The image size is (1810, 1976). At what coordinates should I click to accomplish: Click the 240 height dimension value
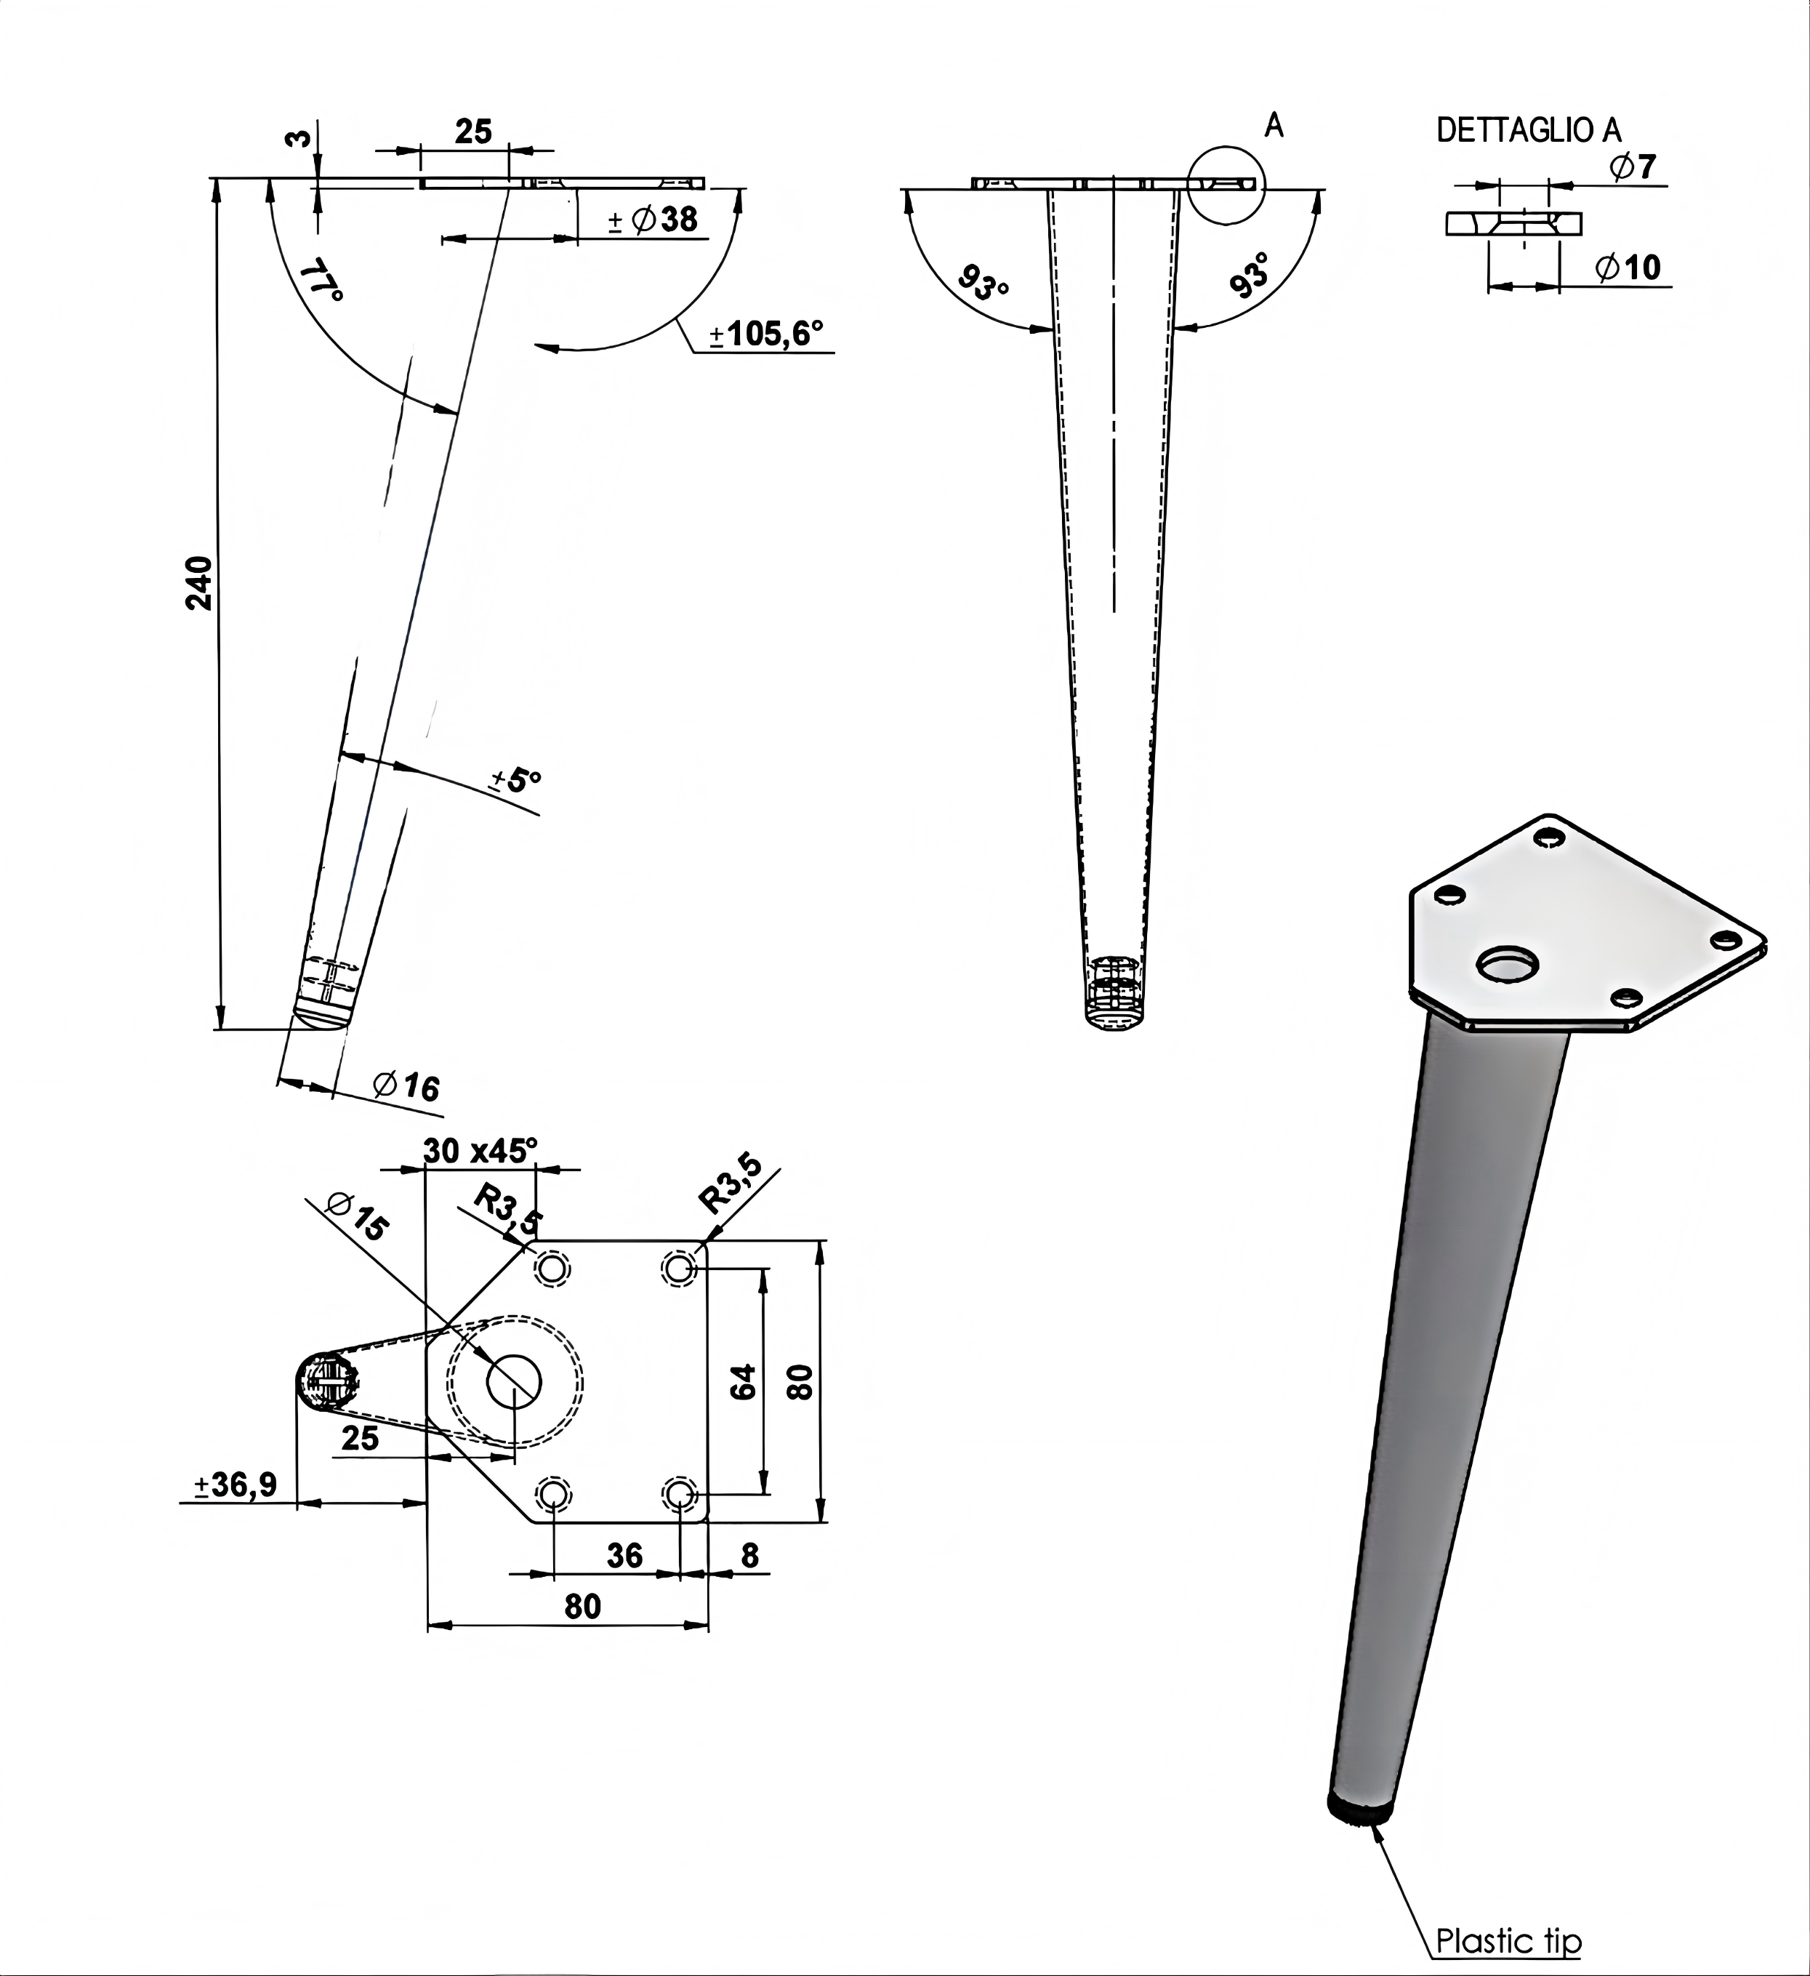pyautogui.click(x=199, y=582)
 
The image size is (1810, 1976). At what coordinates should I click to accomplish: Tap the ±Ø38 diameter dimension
pyautogui.click(x=653, y=220)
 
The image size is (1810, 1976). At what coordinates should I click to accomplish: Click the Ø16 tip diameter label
pyautogui.click(x=406, y=1085)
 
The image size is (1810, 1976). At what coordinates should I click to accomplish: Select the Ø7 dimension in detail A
pyautogui.click(x=1633, y=166)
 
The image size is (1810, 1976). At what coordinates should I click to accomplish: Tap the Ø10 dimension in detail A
pyautogui.click(x=1628, y=267)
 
